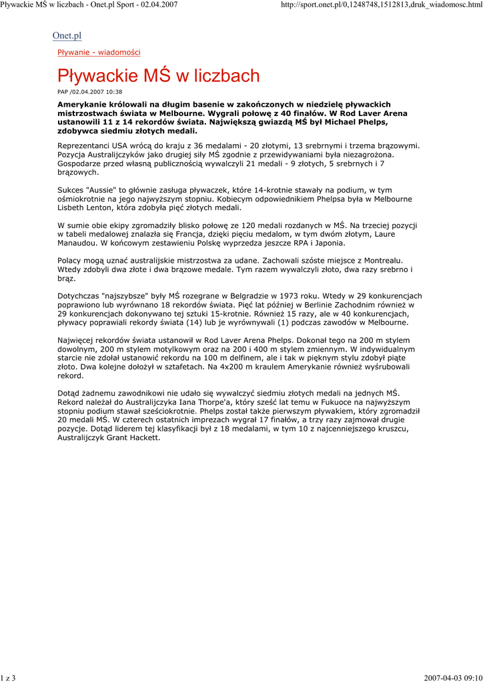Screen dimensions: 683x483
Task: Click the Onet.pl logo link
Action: tap(67, 35)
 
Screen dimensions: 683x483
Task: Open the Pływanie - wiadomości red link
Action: tap(99, 52)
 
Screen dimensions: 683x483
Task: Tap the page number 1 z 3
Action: tap(8, 678)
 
